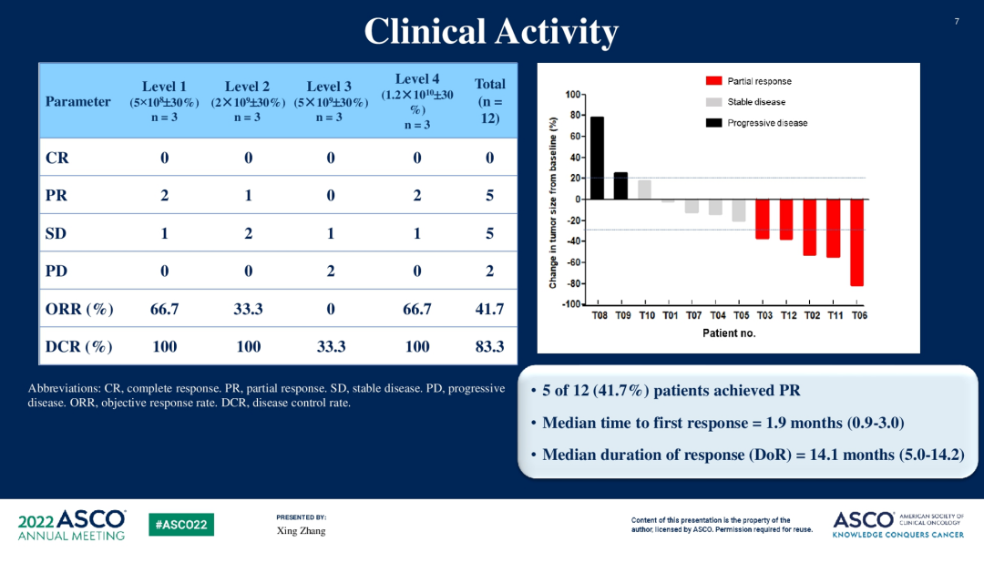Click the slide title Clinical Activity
tap(491, 32)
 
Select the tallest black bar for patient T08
tap(598, 158)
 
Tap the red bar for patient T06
tap(857, 242)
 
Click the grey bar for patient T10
tap(645, 189)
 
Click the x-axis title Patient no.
tap(729, 333)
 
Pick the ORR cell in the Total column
tap(489, 309)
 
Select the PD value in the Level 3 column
tap(330, 271)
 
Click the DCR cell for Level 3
tap(330, 346)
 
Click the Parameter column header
tap(78, 102)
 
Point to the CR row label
tap(57, 158)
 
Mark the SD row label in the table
tap(56, 233)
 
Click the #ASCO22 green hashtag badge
tap(181, 525)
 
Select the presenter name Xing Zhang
tap(301, 531)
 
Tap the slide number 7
tap(957, 21)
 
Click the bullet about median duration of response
tap(753, 454)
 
